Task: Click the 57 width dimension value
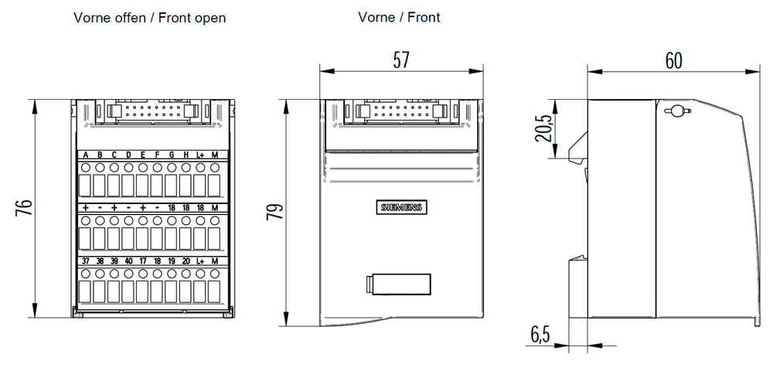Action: pyautogui.click(x=400, y=60)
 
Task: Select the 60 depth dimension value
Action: pyautogui.click(x=673, y=60)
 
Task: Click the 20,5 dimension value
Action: pyautogui.click(x=545, y=128)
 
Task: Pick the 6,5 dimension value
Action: pyautogui.click(x=540, y=335)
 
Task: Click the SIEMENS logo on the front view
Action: pyautogui.click(x=400, y=208)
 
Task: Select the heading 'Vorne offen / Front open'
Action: pyautogui.click(x=150, y=18)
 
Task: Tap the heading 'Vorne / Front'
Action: pyautogui.click(x=399, y=17)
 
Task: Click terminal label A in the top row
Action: pyautogui.click(x=85, y=155)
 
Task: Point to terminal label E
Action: pyautogui.click(x=143, y=155)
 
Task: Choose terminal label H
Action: pyautogui.click(x=186, y=155)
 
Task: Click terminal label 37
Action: pyautogui.click(x=85, y=261)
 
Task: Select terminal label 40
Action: pyautogui.click(x=128, y=261)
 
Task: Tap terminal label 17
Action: pyautogui.click(x=143, y=261)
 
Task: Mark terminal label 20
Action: pyautogui.click(x=186, y=261)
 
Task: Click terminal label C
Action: pyautogui.click(x=114, y=155)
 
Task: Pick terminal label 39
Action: pyautogui.click(x=114, y=261)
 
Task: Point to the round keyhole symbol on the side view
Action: pyautogui.click(x=676, y=111)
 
